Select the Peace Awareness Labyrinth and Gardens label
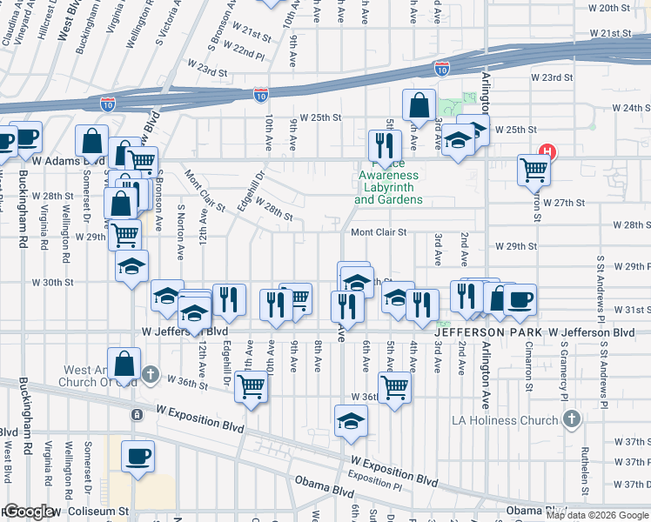pyautogui.click(x=388, y=187)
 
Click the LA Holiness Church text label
pyautogui.click(x=504, y=421)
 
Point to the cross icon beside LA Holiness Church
pyautogui.click(x=571, y=420)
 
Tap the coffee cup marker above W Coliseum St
pyautogui.click(x=138, y=456)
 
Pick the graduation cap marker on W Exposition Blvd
pyautogui.click(x=352, y=421)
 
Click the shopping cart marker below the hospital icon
pyautogui.click(x=533, y=170)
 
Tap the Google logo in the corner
pyautogui.click(x=28, y=512)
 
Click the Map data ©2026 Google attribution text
pyautogui.click(x=597, y=515)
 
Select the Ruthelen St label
pyautogui.click(x=586, y=468)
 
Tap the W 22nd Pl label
pyautogui.click(x=243, y=53)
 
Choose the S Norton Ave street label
pyautogui.click(x=181, y=234)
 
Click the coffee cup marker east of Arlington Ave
pyautogui.click(x=520, y=299)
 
